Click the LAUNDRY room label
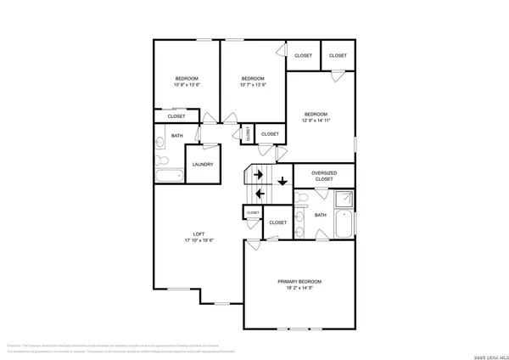[202, 165]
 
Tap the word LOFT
[199, 234]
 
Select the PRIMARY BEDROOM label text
[299, 281]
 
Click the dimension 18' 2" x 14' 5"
[299, 288]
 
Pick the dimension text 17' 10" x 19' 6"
[199, 241]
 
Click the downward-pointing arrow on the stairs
[282, 180]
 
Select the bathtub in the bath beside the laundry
[169, 177]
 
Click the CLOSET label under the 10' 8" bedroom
[176, 116]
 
